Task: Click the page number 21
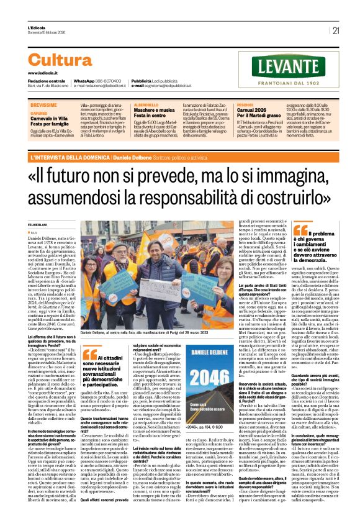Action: tap(336, 29)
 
